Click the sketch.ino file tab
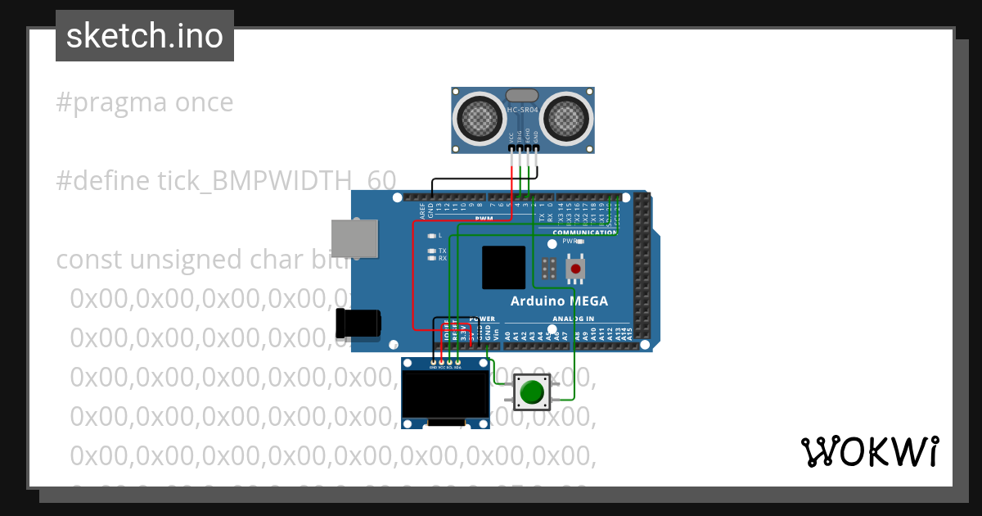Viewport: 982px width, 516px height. point(145,36)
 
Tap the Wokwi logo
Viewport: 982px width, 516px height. point(869,451)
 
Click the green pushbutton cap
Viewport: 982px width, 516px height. point(532,392)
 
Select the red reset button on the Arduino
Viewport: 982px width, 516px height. point(576,269)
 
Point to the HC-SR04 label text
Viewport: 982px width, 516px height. point(523,110)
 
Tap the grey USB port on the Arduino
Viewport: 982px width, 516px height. point(355,239)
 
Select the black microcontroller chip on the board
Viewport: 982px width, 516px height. point(503,267)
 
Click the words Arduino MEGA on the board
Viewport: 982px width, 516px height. point(559,301)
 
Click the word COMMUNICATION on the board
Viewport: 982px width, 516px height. point(584,233)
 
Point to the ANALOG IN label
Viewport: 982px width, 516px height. point(573,319)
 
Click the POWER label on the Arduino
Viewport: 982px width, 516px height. point(483,319)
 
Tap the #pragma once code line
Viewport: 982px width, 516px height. point(145,103)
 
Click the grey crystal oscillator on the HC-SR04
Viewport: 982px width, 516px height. point(523,96)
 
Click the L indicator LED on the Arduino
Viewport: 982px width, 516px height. point(431,236)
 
